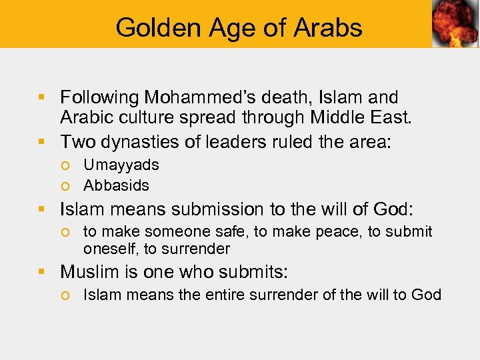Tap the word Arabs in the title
(x=328, y=27)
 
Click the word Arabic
(x=85, y=119)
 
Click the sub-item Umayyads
(x=121, y=165)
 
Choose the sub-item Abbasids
(x=116, y=185)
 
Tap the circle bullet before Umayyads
(x=68, y=165)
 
